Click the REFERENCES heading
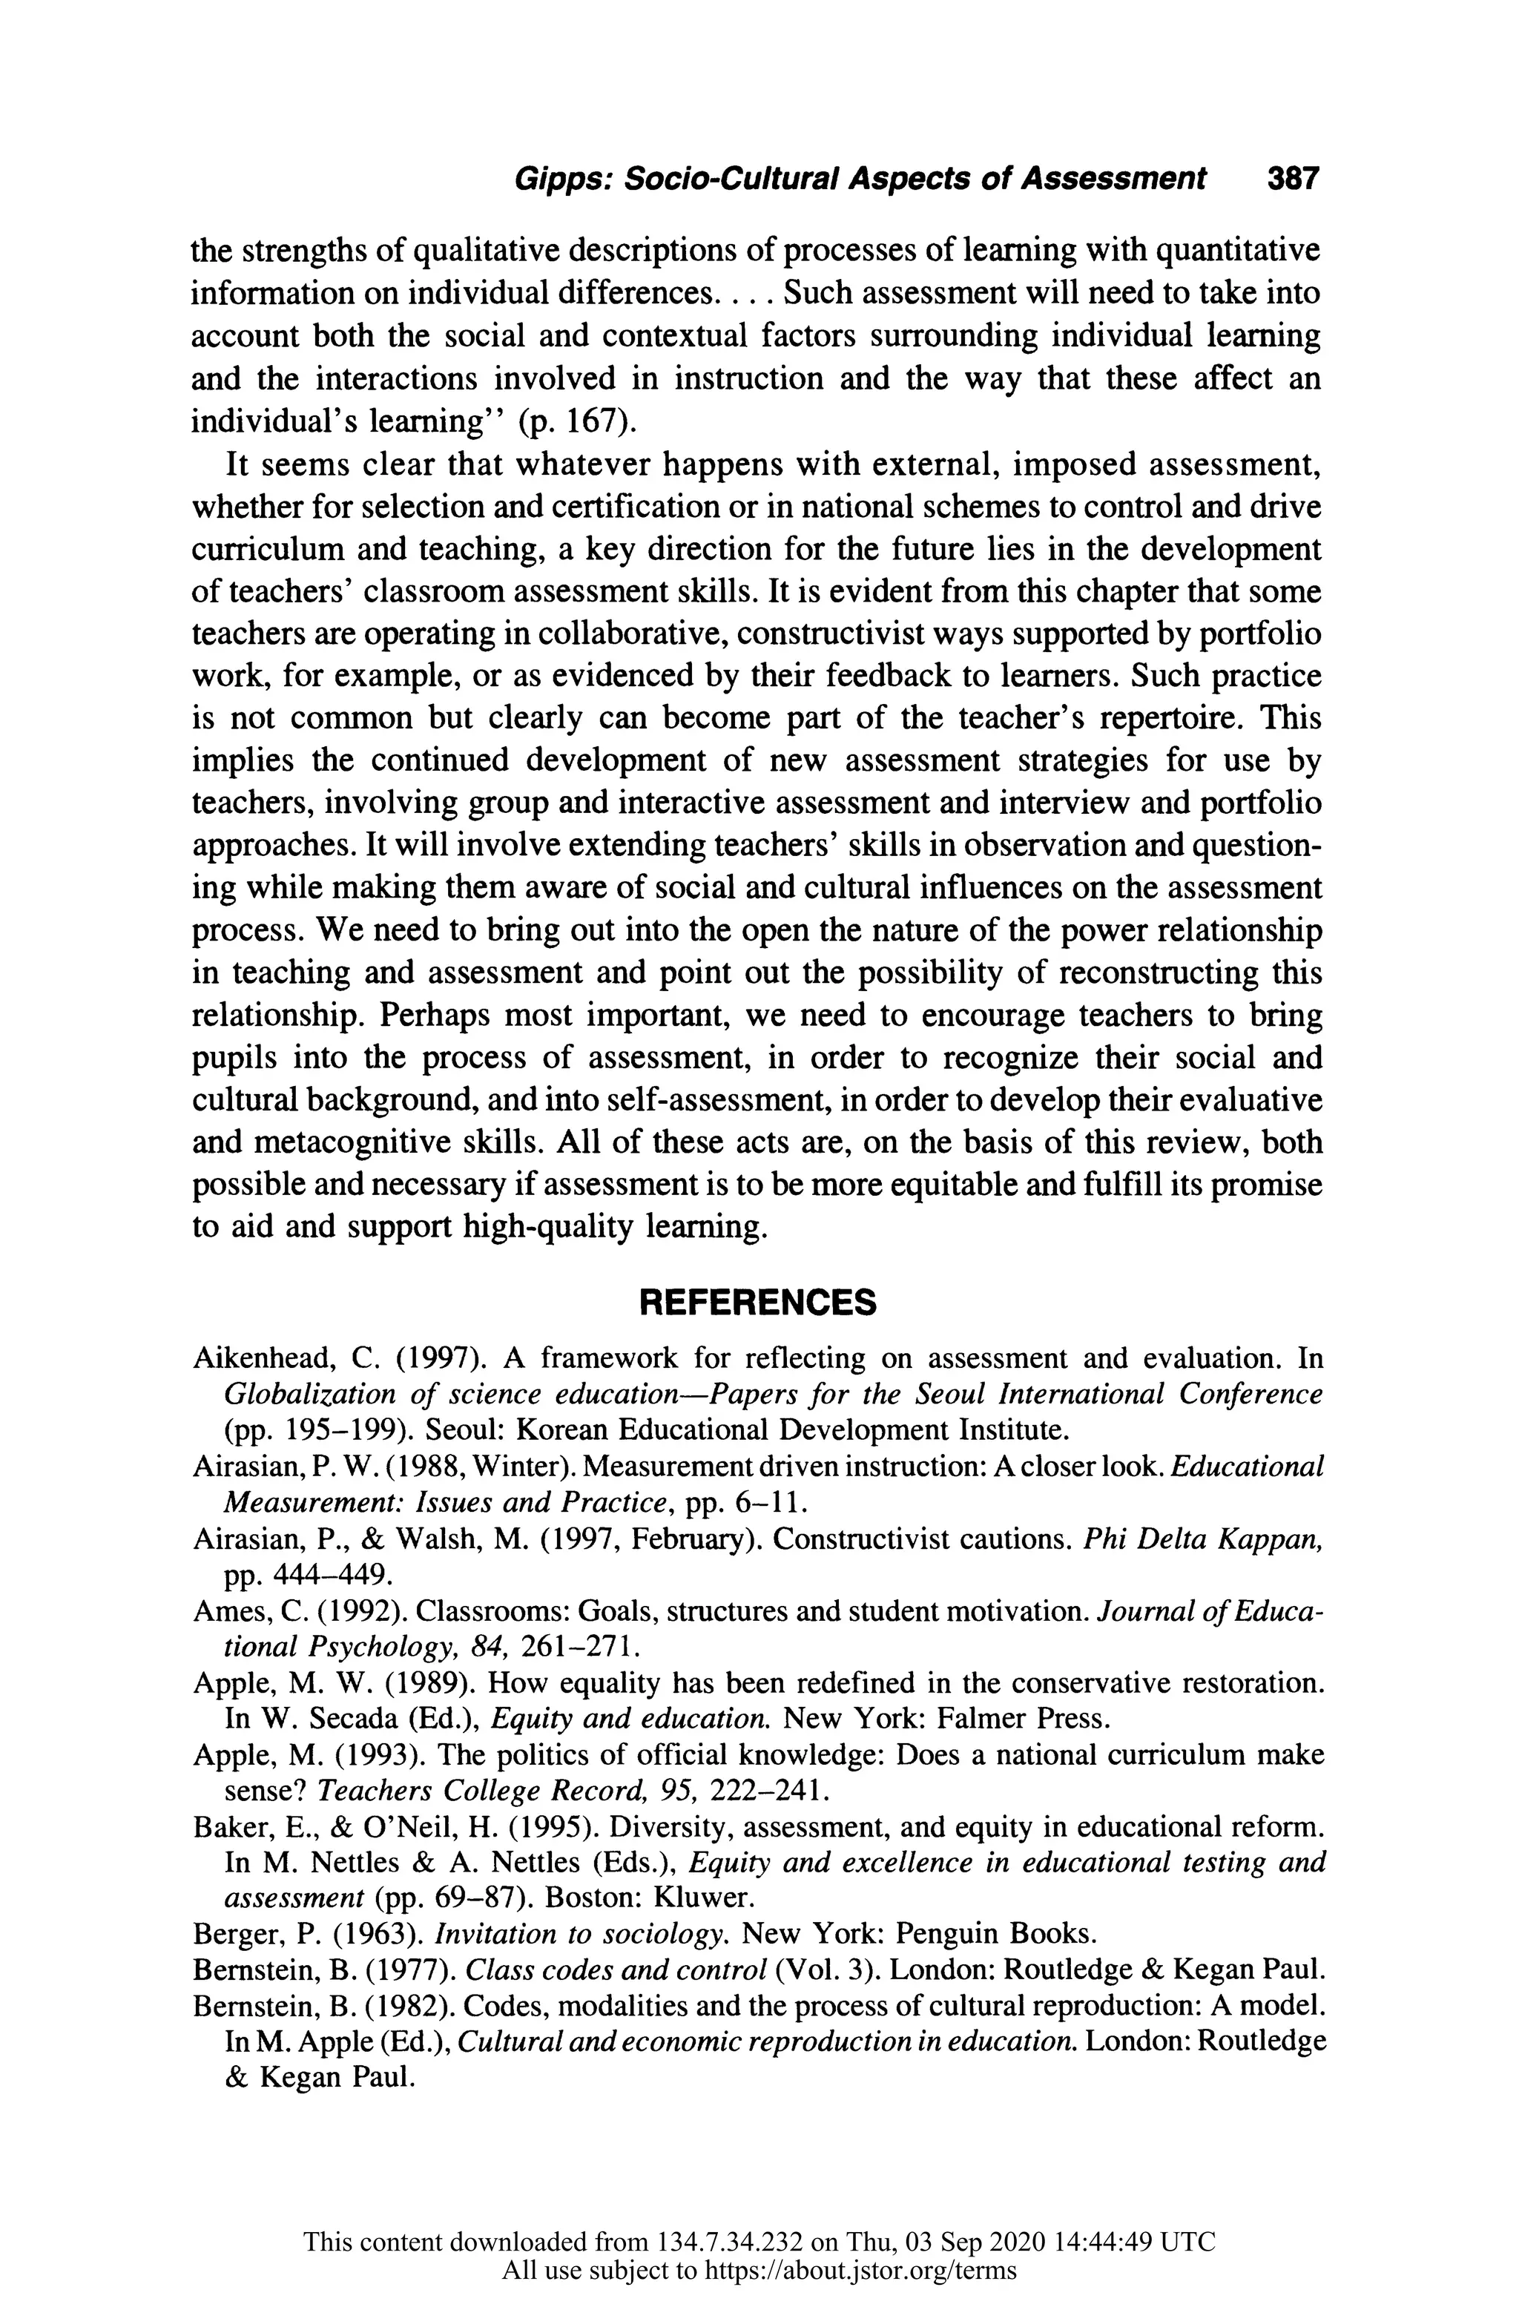coord(757,1303)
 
